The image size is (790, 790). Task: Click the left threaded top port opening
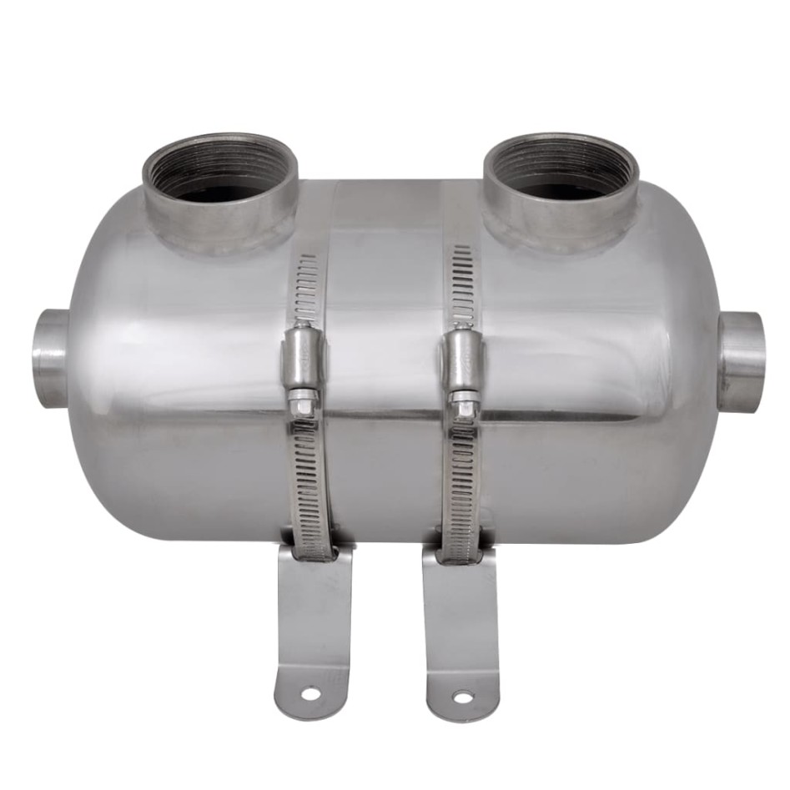pos(219,173)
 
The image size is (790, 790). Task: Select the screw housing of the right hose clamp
pos(462,359)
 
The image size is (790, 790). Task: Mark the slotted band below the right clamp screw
pos(461,484)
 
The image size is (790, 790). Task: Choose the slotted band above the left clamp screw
pos(306,288)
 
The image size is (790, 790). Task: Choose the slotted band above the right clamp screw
pos(461,284)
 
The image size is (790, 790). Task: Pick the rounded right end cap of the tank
pos(680,375)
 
